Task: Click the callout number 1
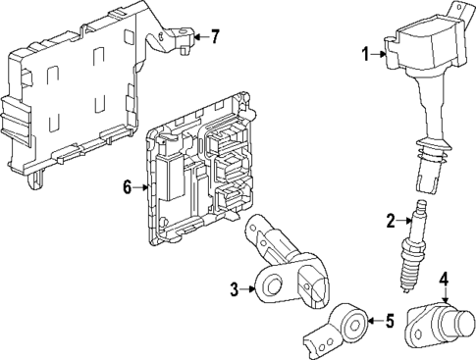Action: pyautogui.click(x=364, y=55)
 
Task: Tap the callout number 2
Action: pyautogui.click(x=390, y=220)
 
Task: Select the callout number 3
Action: pyautogui.click(x=236, y=287)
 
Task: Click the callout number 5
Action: pyautogui.click(x=389, y=320)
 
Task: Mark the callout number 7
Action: pyautogui.click(x=215, y=37)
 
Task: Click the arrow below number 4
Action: pyautogui.click(x=444, y=293)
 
